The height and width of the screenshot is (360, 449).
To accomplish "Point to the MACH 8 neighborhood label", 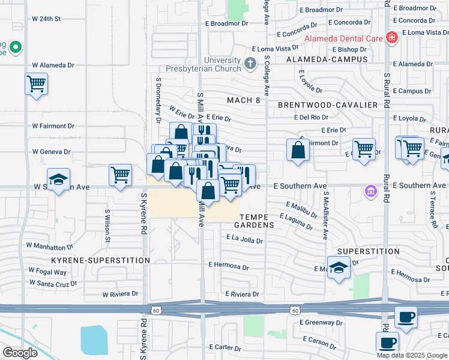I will (x=244, y=100).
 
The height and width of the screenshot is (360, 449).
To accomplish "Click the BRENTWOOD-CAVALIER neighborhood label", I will (x=328, y=105).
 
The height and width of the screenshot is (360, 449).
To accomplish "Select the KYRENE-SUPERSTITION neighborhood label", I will (x=100, y=260).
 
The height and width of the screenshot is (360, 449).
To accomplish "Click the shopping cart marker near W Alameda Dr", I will (x=37, y=83).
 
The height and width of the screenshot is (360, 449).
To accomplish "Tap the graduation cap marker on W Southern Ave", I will (x=59, y=179).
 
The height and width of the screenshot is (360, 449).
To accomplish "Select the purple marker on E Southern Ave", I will (x=370, y=191).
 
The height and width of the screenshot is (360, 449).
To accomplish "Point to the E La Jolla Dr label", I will (x=244, y=240).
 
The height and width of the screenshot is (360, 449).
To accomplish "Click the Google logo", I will (x=20, y=353).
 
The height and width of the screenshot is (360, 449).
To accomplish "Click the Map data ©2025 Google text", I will (x=411, y=355).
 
